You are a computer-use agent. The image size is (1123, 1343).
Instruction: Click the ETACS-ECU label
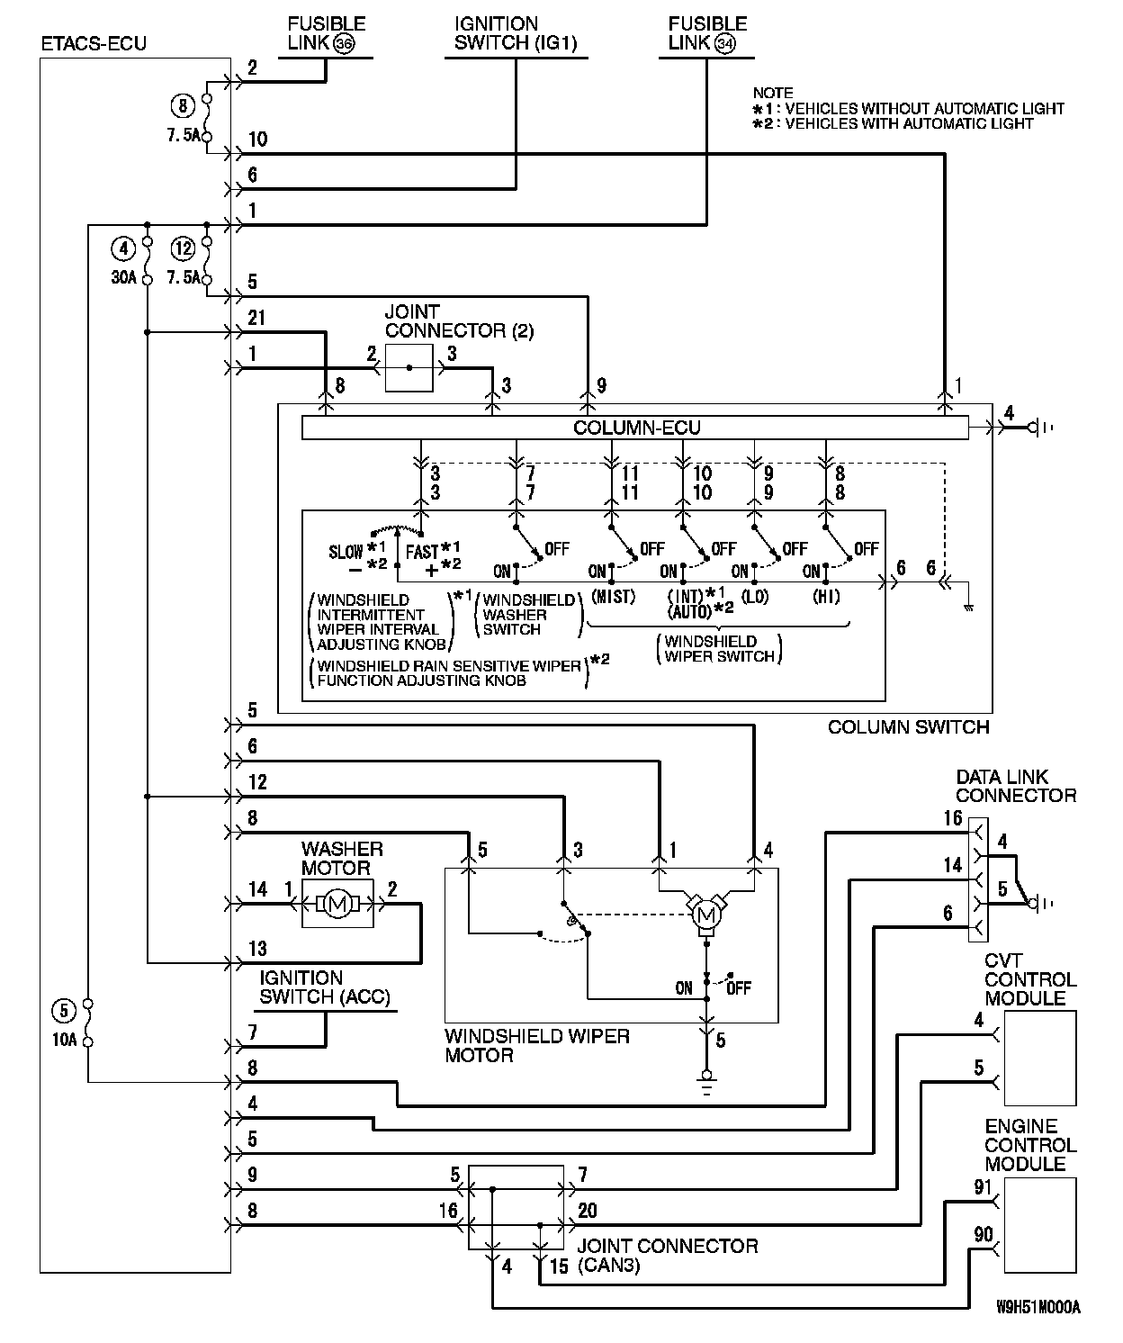(x=94, y=44)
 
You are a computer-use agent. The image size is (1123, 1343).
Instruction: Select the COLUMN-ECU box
(x=634, y=428)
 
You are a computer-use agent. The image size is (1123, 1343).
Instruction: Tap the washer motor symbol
(x=337, y=904)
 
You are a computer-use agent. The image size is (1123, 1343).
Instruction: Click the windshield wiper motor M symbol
(x=706, y=915)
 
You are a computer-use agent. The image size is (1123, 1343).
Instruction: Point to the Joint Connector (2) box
(x=409, y=368)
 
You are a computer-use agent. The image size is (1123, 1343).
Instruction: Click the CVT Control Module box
(x=1040, y=1058)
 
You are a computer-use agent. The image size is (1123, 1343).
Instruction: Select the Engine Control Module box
(x=1040, y=1225)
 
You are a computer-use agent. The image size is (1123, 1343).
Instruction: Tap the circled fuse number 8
(x=183, y=105)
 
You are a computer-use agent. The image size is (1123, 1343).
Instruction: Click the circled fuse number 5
(x=64, y=1011)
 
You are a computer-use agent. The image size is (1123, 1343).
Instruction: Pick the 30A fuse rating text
(x=123, y=277)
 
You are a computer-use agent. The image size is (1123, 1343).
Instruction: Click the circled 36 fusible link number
(x=344, y=44)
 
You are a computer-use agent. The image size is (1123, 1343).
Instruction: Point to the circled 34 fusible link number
(x=725, y=44)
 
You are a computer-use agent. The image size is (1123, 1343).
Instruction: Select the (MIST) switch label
(x=613, y=596)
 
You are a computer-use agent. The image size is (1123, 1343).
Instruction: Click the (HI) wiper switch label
(x=826, y=596)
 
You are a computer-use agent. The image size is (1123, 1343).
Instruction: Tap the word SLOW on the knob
(x=346, y=552)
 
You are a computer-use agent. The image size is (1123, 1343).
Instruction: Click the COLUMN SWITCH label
(x=908, y=726)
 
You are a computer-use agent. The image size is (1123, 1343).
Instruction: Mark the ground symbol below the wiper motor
(x=706, y=1086)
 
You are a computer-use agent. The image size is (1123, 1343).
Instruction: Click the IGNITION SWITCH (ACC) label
(x=325, y=987)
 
